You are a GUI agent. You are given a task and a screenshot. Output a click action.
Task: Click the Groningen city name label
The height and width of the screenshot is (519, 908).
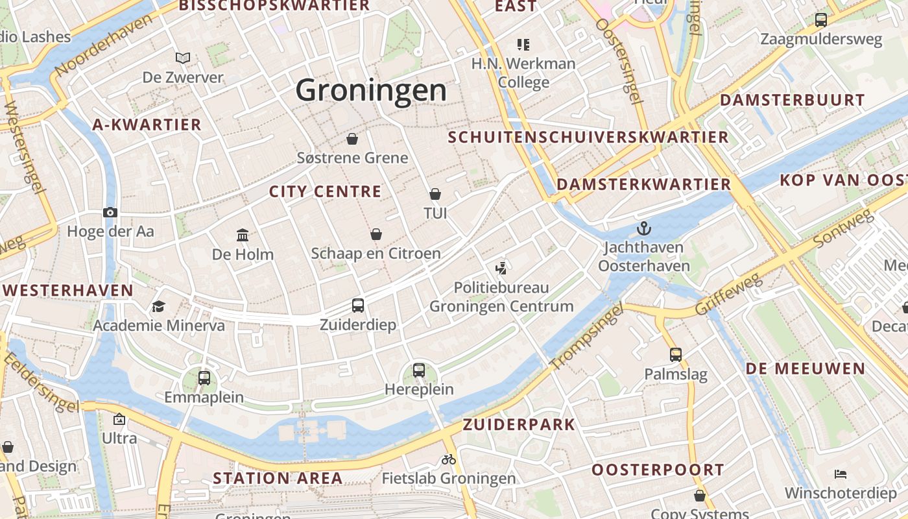coord(371,90)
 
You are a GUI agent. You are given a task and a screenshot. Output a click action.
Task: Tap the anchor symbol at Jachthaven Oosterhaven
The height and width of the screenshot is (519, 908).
coord(643,228)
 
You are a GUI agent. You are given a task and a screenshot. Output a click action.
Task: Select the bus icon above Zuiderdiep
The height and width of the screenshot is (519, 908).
coord(357,305)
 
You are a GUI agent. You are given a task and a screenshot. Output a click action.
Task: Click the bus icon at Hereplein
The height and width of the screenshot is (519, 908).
coord(419,370)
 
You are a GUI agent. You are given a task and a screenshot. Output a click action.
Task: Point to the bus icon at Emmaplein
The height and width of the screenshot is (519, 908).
coord(204,378)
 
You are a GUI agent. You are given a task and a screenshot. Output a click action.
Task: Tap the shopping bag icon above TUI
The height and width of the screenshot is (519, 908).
coord(435,194)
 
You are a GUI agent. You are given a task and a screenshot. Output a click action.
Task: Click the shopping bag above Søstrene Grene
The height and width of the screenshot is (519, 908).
coord(352,139)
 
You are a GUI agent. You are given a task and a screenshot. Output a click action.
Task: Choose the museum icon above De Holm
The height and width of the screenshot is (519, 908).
coord(243,235)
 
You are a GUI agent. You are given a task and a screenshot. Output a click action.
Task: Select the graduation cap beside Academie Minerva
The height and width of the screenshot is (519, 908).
coord(158,306)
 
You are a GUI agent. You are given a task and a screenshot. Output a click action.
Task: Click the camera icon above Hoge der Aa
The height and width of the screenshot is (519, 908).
coord(110,212)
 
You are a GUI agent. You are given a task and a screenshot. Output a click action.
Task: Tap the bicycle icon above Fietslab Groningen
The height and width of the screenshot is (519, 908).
coord(449,459)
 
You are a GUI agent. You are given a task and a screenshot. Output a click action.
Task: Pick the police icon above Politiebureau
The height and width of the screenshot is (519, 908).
coord(501,267)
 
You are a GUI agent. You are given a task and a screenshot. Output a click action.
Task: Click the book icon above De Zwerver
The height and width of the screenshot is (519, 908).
coord(183,58)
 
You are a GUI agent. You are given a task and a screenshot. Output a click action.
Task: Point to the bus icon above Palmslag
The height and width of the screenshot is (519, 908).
coord(676,355)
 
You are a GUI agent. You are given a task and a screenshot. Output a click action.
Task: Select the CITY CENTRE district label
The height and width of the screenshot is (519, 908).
coord(325,191)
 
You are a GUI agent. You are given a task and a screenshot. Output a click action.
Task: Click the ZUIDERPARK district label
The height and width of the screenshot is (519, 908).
coord(519,425)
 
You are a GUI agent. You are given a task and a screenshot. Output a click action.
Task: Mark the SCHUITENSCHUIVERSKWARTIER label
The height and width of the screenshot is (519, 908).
coord(588,138)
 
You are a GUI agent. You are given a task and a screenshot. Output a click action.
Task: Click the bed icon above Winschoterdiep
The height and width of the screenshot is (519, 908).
coord(841,474)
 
